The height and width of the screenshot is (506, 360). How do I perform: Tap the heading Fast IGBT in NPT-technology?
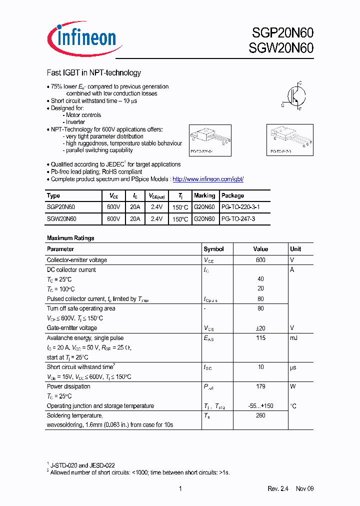93,72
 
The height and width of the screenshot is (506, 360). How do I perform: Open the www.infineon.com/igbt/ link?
207,179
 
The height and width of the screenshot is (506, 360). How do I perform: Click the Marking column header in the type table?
204,195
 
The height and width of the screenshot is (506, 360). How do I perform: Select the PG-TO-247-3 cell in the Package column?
238,218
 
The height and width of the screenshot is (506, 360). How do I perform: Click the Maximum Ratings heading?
70,238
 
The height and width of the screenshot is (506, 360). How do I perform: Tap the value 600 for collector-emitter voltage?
260,260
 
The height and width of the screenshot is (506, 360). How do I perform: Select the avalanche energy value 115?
260,338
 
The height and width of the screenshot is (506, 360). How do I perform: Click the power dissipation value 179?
260,386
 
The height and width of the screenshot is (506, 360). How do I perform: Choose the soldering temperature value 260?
260,415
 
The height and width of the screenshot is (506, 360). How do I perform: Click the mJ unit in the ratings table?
293,338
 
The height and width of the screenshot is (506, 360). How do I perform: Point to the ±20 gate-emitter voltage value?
260,328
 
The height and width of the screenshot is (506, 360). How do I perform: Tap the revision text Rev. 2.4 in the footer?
279,488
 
